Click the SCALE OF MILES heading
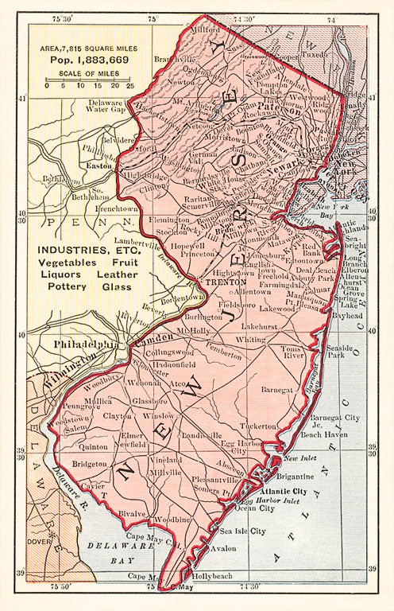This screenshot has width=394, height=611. pos(89,74)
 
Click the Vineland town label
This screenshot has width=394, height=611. pos(163,460)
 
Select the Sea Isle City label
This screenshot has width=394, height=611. pos(243,531)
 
